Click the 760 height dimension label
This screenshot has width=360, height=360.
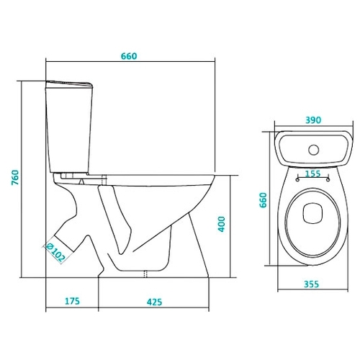pyautogui.click(x=15, y=177)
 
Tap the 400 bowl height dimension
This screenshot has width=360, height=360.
pyautogui.click(x=221, y=224)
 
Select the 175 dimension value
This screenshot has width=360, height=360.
pyautogui.click(x=72, y=301)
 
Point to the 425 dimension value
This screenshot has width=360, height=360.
pyautogui.click(x=155, y=302)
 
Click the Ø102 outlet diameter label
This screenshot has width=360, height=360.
pyautogui.click(x=55, y=253)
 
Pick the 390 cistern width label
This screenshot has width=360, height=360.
pyautogui.click(x=313, y=120)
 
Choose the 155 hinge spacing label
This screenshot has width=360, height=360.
pyautogui.click(x=313, y=174)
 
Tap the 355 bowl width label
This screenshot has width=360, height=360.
pyautogui.click(x=312, y=284)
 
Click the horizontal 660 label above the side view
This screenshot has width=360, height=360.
pyautogui.click(x=129, y=56)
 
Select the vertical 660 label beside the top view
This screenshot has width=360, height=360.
pyautogui.click(x=264, y=200)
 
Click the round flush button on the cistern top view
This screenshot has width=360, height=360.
pyautogui.click(x=314, y=150)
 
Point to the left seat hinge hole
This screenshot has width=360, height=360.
pyautogui.click(x=297, y=179)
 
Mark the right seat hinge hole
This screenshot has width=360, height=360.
pyautogui.click(x=328, y=179)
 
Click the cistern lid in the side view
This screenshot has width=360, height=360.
pyautogui.click(x=69, y=84)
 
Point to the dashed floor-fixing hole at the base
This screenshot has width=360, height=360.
pyautogui.click(x=145, y=274)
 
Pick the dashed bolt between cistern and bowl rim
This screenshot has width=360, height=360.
pyautogui.click(x=104, y=180)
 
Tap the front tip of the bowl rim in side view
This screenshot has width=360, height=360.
pyautogui.click(x=215, y=176)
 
